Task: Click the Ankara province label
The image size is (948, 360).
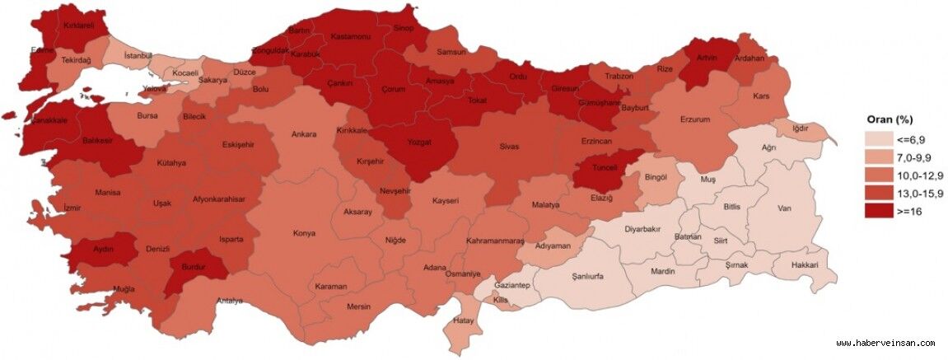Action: pyautogui.click(x=303, y=135)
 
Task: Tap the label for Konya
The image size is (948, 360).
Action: pyautogui.click(x=304, y=233)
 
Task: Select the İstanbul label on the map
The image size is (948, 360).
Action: pyautogui.click(x=138, y=55)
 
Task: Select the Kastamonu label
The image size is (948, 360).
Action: pyautogui.click(x=351, y=37)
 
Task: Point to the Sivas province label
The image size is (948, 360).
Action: pyautogui.click(x=509, y=147)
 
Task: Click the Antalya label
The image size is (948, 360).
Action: pyautogui.click(x=229, y=301)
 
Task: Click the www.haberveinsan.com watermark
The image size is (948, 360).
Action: pyautogui.click(x=885, y=343)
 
